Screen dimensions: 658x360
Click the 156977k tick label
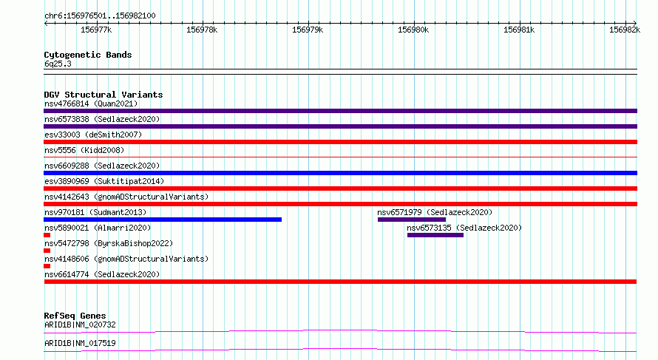(x=96, y=30)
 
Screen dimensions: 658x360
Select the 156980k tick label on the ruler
(x=413, y=30)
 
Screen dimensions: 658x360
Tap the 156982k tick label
(x=625, y=30)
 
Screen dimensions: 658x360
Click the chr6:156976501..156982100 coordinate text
(x=100, y=16)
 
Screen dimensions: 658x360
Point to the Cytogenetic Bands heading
(x=88, y=55)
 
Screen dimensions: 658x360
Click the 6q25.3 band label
(x=58, y=64)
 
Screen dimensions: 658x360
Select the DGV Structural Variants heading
(x=104, y=95)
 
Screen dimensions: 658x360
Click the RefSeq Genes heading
(x=75, y=316)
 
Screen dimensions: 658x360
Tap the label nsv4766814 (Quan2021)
(x=91, y=103)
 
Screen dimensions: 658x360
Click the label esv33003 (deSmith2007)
(x=93, y=135)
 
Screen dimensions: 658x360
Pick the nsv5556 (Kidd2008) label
(x=84, y=150)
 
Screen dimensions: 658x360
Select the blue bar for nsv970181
(x=163, y=220)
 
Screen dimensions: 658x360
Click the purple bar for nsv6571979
(x=412, y=220)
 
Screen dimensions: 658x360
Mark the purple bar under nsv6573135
(x=435, y=235)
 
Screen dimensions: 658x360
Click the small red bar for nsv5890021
(x=47, y=235)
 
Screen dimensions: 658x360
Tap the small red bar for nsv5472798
(x=47, y=251)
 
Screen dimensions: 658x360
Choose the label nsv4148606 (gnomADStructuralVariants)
(x=126, y=259)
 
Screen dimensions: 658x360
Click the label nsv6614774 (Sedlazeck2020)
(x=102, y=274)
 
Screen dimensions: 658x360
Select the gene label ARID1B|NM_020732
(x=80, y=325)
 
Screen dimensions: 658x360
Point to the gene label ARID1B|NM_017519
(x=80, y=343)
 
